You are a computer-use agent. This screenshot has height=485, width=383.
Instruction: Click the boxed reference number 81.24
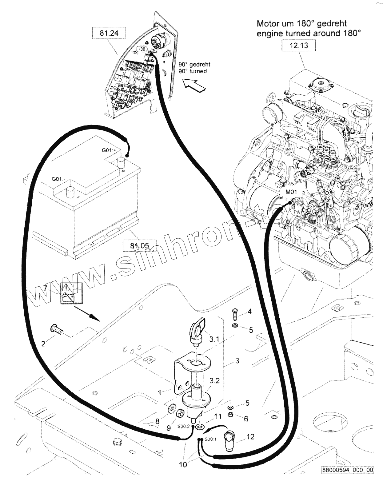pos(109,33)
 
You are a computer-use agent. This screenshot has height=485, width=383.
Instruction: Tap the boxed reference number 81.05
pos(139,245)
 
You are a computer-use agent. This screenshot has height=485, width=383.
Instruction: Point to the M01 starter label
pos(291,192)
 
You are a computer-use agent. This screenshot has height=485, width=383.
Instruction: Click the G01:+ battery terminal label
pos(109,150)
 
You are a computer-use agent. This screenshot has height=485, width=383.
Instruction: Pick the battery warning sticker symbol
pos(71,293)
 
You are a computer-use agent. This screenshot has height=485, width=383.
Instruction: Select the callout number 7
pos(45,288)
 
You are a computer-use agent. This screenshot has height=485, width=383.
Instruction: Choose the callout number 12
pos(250,437)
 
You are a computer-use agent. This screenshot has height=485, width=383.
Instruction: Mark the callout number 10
pos(183,465)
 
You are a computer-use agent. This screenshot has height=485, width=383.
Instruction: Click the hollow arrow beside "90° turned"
pos(194,85)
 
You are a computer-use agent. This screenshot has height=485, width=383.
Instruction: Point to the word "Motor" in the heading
pos(268,23)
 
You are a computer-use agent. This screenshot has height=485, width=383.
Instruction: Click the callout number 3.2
pos(214,380)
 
